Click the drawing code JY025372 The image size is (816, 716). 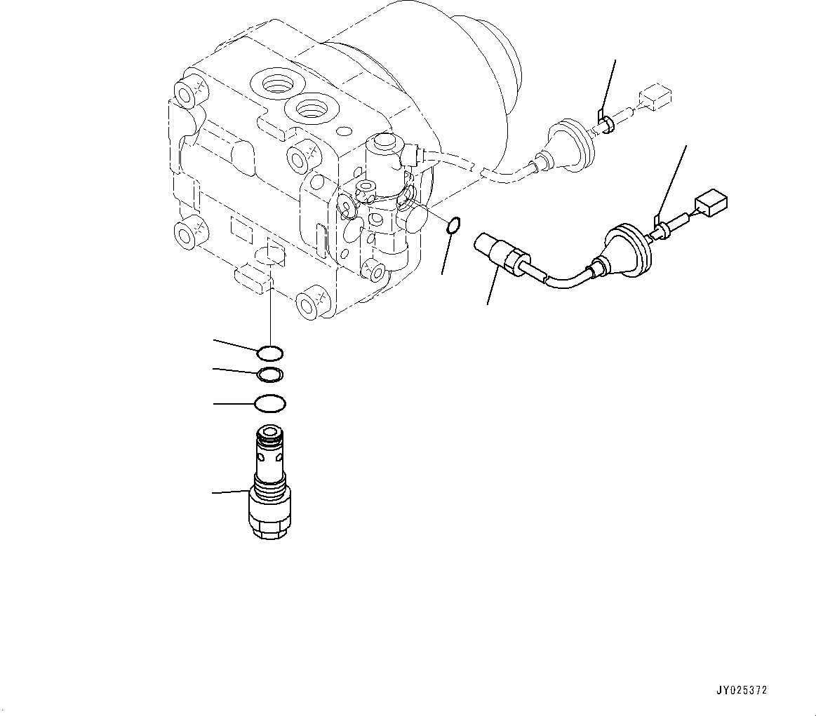coord(742,690)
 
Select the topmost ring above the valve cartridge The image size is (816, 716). coord(271,352)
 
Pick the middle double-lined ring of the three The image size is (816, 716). coord(270,375)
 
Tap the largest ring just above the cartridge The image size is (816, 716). coord(271,404)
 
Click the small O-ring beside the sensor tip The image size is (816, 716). coord(454,225)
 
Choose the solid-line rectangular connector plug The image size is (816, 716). coord(711,203)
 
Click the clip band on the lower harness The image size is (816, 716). coord(660,229)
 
